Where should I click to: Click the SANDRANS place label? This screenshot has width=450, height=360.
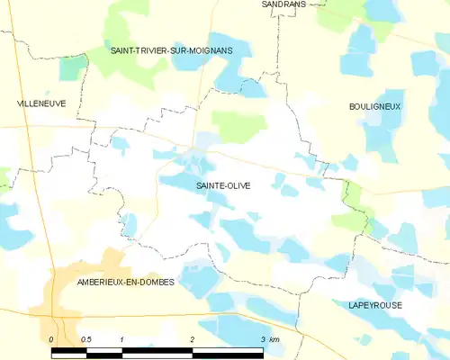283,4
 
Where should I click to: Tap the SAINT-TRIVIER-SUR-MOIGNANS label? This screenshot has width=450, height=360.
171,51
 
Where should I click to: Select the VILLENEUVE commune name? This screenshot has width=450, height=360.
41,104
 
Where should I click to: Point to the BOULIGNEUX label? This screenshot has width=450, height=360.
374,106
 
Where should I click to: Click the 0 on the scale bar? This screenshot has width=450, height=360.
51,339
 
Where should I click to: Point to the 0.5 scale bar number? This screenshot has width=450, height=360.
86,339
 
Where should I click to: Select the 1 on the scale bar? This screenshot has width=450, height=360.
121,339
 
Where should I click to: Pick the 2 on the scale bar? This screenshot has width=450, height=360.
192,339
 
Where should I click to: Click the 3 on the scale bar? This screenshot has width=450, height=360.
262,339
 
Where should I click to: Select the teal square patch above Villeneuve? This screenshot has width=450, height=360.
73,67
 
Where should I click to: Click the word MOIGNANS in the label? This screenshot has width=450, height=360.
209,51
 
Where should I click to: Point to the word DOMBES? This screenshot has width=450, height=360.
153,282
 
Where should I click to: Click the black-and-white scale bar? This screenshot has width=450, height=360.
157,352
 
